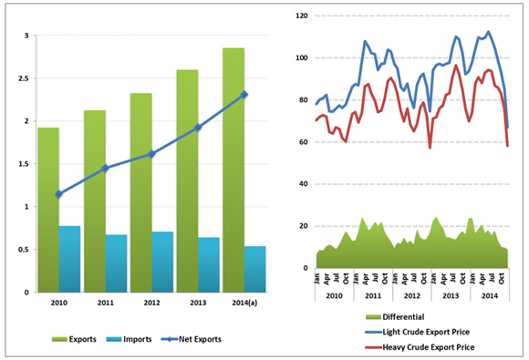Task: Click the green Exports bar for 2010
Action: click(48, 210)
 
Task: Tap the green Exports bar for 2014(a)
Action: click(233, 170)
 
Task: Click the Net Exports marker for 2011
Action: click(106, 168)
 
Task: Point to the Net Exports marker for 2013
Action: click(198, 128)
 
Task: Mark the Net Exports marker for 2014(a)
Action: click(244, 95)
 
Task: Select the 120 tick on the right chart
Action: click(301, 16)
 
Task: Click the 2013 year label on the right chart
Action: click(450, 296)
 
